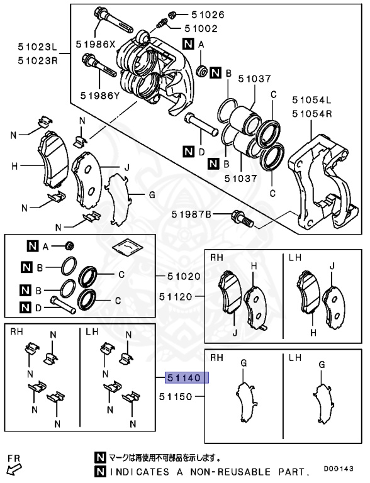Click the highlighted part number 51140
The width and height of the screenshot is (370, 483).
point(183,378)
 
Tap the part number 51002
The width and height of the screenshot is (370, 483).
point(201,28)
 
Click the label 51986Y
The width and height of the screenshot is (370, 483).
point(99,96)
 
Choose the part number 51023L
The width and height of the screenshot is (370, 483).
point(37,47)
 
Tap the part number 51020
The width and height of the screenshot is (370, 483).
point(183,276)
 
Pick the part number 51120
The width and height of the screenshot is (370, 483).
point(179,296)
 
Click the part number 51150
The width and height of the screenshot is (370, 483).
point(179,396)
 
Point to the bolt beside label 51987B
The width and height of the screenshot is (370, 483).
point(243,218)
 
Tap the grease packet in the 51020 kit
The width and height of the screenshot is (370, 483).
point(128,248)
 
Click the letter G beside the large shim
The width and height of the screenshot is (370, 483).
point(151,196)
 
